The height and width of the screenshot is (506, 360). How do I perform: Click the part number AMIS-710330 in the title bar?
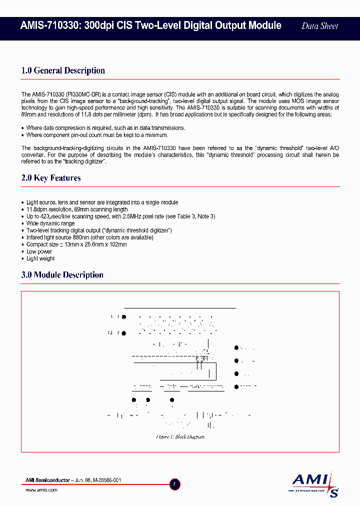tap(47, 25)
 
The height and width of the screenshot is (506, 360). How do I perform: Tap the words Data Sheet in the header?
tap(319, 26)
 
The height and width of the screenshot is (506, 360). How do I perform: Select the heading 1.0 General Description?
tap(63, 70)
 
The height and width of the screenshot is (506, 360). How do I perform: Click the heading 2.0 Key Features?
tap(51, 178)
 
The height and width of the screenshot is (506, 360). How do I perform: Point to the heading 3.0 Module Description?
tap(62, 275)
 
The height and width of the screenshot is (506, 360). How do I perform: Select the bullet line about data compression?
tap(105, 128)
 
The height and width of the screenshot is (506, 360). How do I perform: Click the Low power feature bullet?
tap(39, 251)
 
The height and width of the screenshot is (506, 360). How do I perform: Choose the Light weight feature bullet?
tap(40, 258)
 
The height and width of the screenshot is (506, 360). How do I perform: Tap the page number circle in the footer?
tap(174, 484)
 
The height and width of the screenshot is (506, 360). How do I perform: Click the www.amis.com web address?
tap(41, 490)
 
